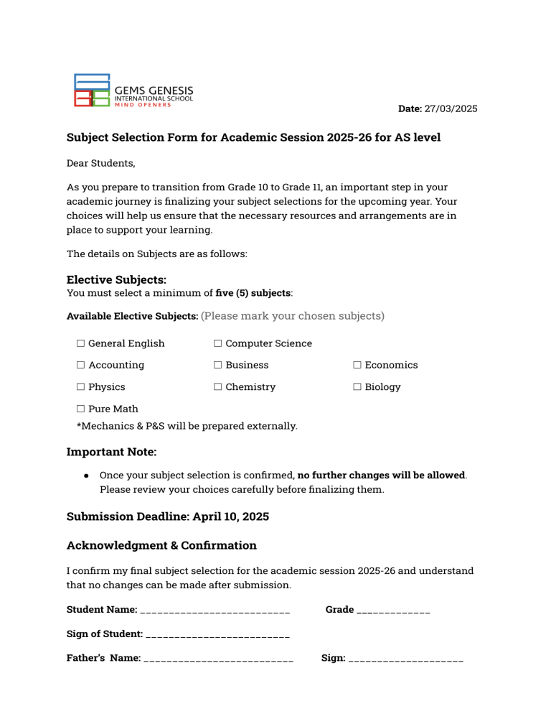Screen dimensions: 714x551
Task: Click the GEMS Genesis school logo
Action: click(x=133, y=91)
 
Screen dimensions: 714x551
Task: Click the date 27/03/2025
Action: click(x=451, y=109)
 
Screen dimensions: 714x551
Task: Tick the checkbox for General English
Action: click(x=81, y=343)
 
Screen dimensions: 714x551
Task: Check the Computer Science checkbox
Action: click(x=218, y=343)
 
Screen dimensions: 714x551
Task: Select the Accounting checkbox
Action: click(x=81, y=365)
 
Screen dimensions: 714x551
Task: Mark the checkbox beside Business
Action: click(x=218, y=365)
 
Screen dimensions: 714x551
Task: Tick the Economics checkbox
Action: click(x=357, y=365)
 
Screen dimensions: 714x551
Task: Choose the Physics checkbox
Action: click(x=81, y=387)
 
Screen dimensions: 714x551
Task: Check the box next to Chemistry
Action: click(x=218, y=387)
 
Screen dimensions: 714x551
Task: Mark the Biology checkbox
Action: click(x=357, y=387)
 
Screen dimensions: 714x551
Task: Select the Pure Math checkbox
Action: click(x=81, y=409)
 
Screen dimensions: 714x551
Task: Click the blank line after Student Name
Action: click(x=215, y=611)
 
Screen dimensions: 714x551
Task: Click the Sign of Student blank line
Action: click(x=218, y=635)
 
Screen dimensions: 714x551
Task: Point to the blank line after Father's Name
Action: click(x=218, y=659)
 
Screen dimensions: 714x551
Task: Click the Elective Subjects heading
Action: click(x=116, y=279)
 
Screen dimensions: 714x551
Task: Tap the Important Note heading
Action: click(x=111, y=452)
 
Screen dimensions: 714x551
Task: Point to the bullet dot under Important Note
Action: click(x=86, y=476)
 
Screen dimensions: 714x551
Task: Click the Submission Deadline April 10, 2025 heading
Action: click(x=167, y=516)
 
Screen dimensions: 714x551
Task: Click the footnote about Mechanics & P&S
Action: click(x=187, y=426)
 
